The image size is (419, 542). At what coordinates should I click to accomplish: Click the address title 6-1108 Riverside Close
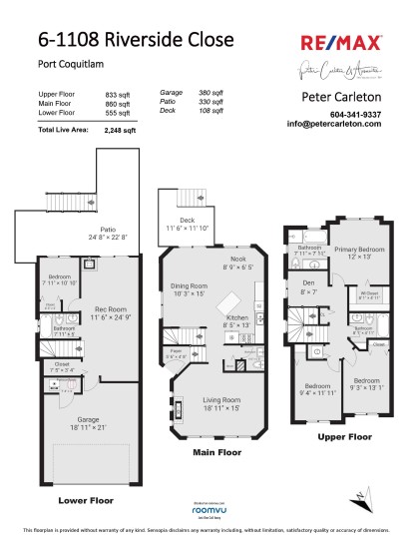click(x=137, y=41)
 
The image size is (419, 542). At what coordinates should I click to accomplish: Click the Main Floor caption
click(x=216, y=452)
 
